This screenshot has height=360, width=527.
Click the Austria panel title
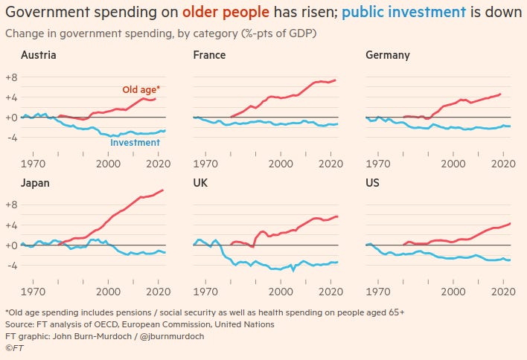click(x=39, y=55)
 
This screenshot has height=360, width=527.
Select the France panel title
click(x=209, y=55)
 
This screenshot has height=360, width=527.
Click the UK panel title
click(x=201, y=183)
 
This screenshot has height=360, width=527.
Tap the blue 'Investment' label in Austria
click(x=135, y=142)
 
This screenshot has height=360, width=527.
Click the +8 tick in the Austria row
click(x=11, y=77)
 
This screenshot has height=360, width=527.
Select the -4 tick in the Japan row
click(x=11, y=266)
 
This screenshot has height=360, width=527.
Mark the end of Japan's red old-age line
click(x=163, y=190)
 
